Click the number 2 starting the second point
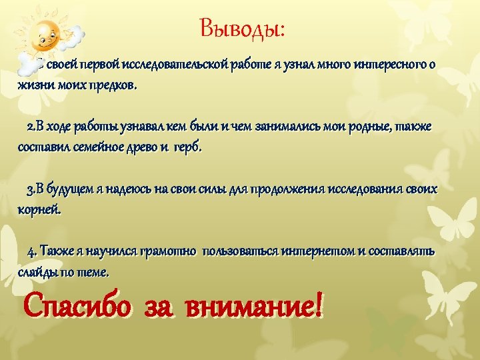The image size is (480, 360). [30, 127]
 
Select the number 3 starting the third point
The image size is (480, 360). [30, 189]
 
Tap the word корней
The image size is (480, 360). [39, 209]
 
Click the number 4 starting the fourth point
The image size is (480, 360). [31, 251]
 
